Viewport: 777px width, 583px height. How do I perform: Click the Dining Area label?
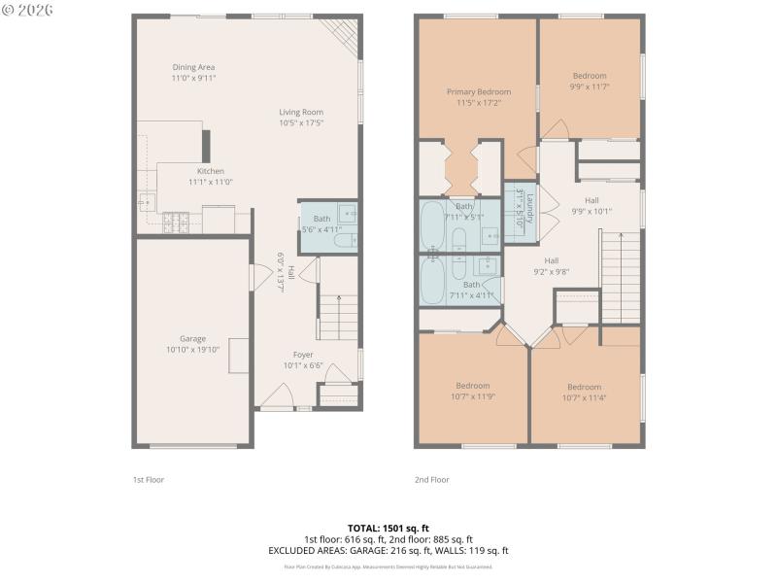click(x=192, y=73)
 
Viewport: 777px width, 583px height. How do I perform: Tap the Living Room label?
click(x=301, y=118)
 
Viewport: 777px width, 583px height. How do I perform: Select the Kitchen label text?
click(x=210, y=176)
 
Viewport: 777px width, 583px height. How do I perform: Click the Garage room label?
click(x=192, y=344)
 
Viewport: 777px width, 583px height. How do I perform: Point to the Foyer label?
click(x=302, y=360)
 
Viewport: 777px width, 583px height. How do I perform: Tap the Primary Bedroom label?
click(x=478, y=96)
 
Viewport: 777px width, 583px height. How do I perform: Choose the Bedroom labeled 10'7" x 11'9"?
click(x=472, y=391)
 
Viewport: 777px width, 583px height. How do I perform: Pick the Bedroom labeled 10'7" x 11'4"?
click(x=585, y=392)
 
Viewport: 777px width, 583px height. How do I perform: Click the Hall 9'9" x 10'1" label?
click(x=591, y=205)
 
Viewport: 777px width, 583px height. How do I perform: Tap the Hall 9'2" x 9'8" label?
click(x=551, y=266)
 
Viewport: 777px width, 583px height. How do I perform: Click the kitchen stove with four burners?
click(x=176, y=223)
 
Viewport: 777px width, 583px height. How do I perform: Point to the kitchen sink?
click(x=146, y=202)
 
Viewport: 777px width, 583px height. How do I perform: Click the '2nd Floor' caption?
click(x=431, y=479)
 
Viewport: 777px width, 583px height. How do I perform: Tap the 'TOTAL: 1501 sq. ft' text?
click(x=388, y=528)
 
